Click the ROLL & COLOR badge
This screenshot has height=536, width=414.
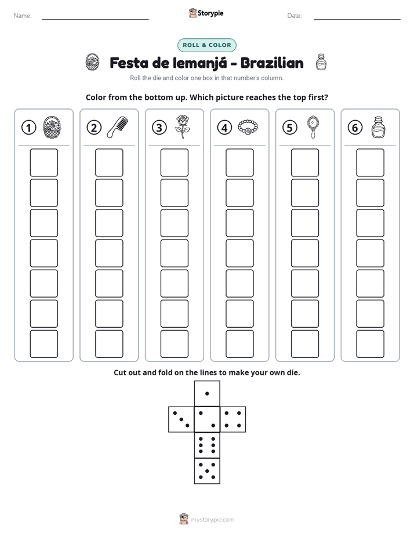pos(206,45)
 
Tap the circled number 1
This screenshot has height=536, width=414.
pos(28,128)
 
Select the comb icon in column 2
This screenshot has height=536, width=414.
pos(118,127)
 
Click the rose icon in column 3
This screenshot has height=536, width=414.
pos(183,127)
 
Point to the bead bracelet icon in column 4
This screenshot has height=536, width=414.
pos(248,127)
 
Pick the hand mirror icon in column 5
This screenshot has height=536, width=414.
pos(313,127)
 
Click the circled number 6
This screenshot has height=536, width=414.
pos(355,128)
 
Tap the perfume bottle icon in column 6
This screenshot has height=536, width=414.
pos(378,127)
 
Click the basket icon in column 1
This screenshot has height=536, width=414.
pos(52,127)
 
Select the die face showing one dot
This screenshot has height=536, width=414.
pos(207,393)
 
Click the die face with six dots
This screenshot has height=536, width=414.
pos(207,445)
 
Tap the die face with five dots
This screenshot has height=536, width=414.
pos(207,471)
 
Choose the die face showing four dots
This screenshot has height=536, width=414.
pos(233,419)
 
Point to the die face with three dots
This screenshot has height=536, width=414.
pos(181,419)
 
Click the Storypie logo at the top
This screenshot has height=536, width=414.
pos(206,13)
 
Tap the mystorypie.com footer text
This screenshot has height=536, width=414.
pos(212,520)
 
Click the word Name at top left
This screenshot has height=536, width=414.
pos(23,16)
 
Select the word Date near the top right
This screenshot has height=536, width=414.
pos(295,16)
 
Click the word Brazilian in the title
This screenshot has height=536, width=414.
pos(272,63)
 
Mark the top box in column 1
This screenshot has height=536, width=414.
pos(44,162)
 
